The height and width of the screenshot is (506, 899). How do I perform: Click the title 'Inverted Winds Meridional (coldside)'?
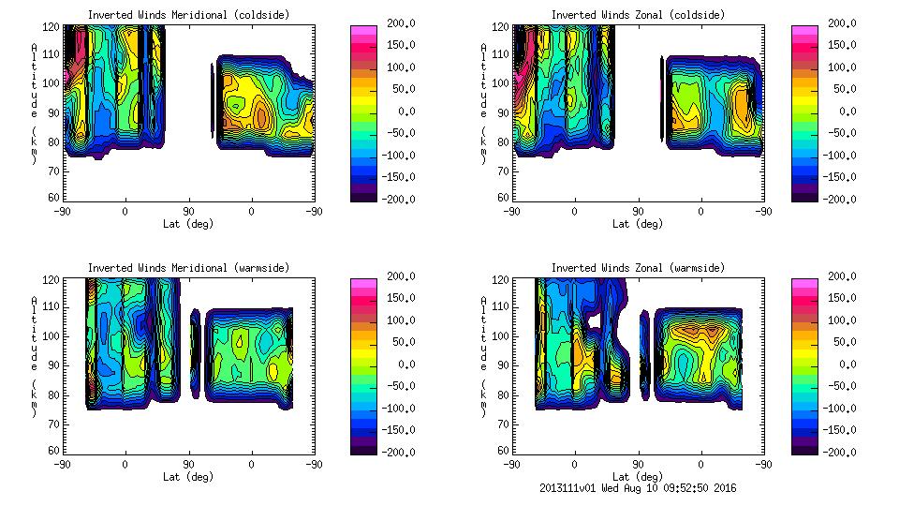(188, 15)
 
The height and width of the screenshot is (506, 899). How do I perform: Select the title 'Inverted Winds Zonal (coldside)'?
(637, 15)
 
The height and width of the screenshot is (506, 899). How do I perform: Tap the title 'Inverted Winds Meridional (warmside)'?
(188, 268)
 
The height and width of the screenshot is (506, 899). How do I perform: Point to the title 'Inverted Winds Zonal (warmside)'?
(637, 268)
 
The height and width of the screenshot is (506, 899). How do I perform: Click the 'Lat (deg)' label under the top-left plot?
(188, 224)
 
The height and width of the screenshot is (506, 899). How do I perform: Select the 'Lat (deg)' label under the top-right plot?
(637, 224)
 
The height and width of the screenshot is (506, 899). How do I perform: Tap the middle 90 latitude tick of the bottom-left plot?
(188, 464)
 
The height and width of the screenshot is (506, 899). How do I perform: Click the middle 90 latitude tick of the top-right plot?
(638, 211)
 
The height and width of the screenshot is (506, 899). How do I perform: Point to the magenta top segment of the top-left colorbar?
(363, 31)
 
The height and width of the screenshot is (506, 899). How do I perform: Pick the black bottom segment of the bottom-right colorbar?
(804, 448)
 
